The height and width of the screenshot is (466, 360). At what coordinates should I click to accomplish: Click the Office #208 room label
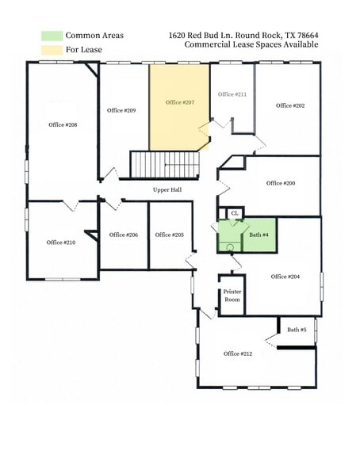[63, 124]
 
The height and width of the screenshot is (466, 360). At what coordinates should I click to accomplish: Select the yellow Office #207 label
[180, 102]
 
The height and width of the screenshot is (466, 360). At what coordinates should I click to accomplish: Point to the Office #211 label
[232, 94]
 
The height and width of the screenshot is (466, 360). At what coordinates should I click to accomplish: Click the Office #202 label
[290, 105]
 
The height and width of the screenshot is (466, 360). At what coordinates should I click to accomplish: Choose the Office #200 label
[281, 183]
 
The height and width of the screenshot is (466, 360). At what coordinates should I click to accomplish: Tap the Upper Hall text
[167, 190]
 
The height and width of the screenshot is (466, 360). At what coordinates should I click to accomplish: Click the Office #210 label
[61, 243]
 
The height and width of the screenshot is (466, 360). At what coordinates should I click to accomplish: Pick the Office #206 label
[124, 235]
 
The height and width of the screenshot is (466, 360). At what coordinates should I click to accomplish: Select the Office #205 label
[170, 235]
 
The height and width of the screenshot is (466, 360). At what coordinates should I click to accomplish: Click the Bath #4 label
[259, 235]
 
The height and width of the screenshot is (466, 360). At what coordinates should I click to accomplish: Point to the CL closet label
[234, 213]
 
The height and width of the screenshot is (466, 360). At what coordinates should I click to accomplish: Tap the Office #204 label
[285, 277]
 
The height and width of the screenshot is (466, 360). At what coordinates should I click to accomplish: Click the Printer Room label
[232, 296]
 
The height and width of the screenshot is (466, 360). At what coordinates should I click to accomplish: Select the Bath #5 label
[297, 330]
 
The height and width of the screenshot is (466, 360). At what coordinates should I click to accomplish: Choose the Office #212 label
[238, 353]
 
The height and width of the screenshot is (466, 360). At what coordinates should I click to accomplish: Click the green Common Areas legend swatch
[52, 36]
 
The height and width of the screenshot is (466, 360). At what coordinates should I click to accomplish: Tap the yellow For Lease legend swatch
[52, 49]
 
